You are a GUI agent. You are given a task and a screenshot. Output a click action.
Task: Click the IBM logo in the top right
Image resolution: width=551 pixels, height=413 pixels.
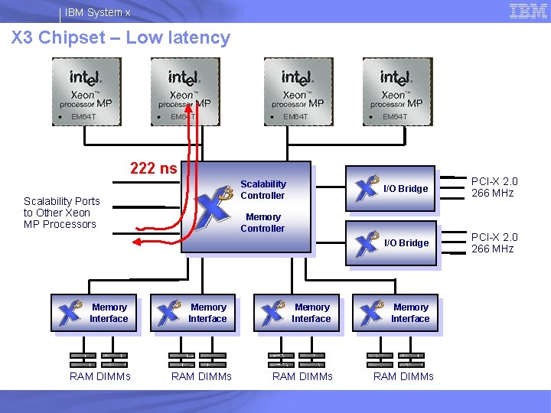(x=528, y=11)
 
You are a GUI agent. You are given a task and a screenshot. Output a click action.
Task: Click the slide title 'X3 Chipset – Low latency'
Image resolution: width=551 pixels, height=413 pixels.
(x=121, y=37)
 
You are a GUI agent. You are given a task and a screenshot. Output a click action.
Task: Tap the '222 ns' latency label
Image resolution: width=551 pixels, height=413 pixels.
(x=153, y=168)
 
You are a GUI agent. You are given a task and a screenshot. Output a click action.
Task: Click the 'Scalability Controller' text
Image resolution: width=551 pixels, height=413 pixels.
(x=263, y=190)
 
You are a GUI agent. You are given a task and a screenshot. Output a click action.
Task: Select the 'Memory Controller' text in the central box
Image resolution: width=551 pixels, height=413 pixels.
(x=263, y=223)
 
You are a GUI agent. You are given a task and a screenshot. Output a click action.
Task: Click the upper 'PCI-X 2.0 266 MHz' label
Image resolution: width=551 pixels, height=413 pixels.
(x=494, y=187)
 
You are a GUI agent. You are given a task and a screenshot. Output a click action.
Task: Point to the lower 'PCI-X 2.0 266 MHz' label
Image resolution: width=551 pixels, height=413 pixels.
(x=494, y=243)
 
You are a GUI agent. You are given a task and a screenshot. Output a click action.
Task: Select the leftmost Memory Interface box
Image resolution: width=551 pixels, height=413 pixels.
(x=94, y=313)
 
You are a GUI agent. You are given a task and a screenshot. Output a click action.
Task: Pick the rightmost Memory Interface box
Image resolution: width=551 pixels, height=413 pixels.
(x=395, y=313)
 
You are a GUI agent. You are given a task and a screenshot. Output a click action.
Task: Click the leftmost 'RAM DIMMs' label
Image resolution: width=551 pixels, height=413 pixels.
(x=100, y=376)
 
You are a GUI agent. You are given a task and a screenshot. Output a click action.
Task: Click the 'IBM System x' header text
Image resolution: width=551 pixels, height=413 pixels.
(x=97, y=12)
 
